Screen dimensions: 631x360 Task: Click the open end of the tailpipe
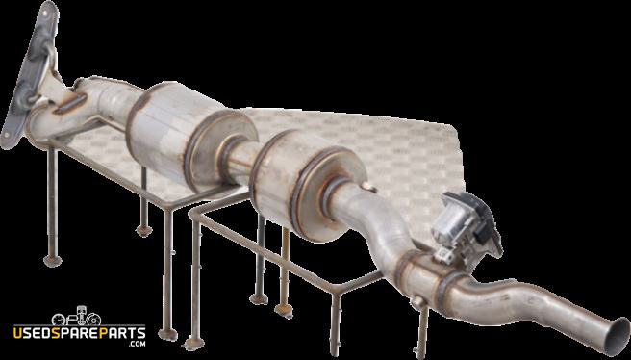(x=618, y=336)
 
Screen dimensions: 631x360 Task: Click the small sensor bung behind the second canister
(x=368, y=187)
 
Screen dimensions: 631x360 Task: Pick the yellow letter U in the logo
(x=18, y=334)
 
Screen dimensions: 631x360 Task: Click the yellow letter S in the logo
(x=57, y=334)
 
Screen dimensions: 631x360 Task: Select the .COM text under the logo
(x=137, y=344)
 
